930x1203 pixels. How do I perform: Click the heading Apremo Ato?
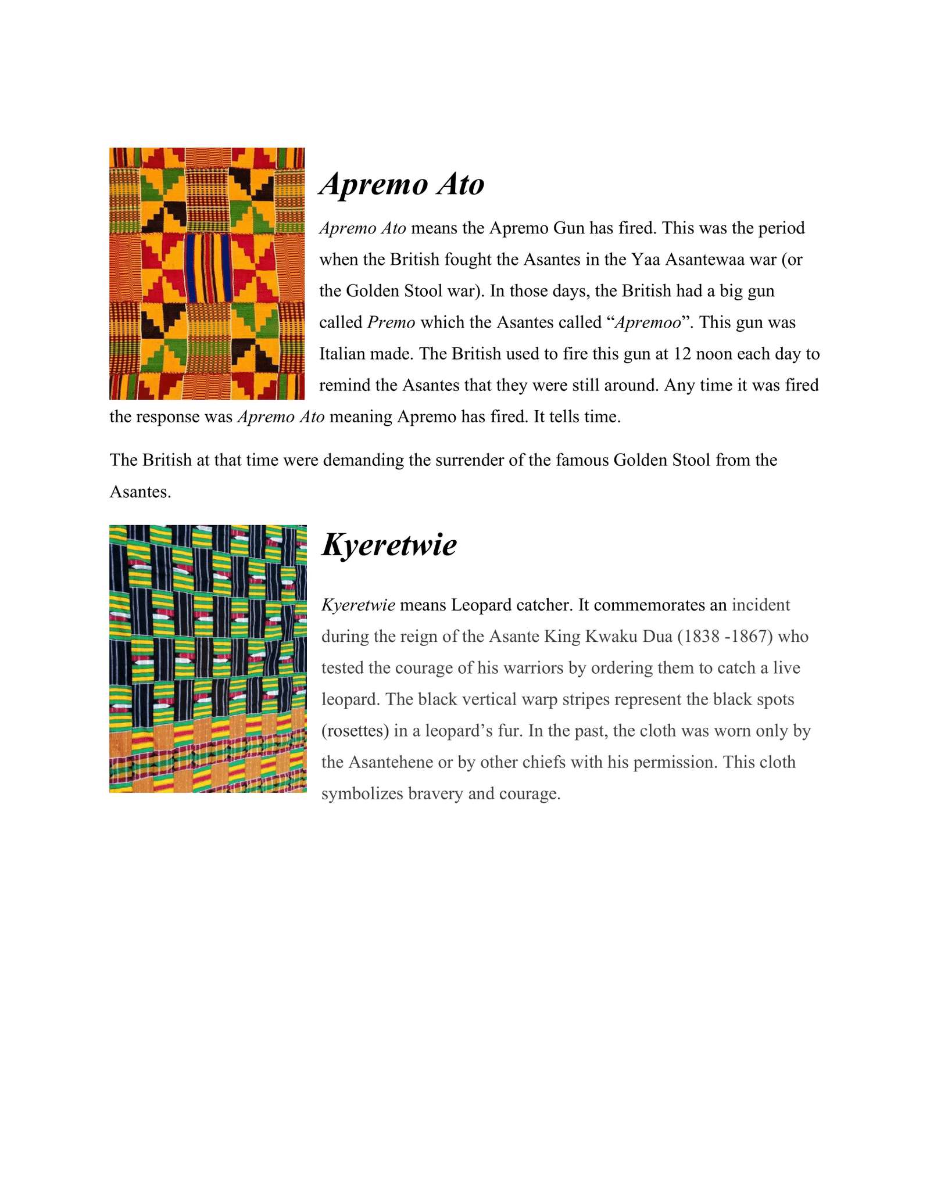(x=402, y=185)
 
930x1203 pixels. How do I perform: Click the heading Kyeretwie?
(x=389, y=545)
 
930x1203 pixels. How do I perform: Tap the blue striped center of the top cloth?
(x=208, y=268)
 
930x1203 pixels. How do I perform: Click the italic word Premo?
(x=391, y=322)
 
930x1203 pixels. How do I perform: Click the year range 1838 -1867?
(x=725, y=637)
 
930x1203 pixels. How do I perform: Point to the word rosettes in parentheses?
(x=355, y=731)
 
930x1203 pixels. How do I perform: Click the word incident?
(x=761, y=605)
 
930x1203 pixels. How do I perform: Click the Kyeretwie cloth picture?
(x=208, y=659)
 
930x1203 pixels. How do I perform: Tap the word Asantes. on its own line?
(x=140, y=492)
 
